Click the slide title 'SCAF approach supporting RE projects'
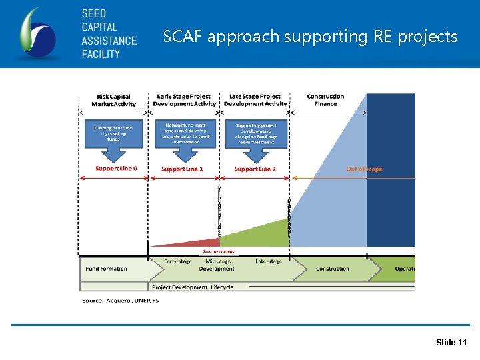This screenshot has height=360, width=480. [x=311, y=36]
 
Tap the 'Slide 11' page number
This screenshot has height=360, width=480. [x=451, y=343]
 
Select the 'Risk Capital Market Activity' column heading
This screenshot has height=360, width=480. [x=113, y=100]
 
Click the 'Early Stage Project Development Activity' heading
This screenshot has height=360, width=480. [x=185, y=100]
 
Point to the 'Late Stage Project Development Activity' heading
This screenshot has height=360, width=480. [x=255, y=100]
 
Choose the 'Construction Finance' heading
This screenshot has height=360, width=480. [x=325, y=100]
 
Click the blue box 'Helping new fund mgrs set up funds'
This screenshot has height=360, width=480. [x=113, y=133]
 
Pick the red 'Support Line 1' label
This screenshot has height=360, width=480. [x=182, y=169]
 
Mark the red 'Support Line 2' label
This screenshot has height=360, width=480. [x=255, y=169]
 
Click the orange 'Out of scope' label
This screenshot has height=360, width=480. [x=364, y=169]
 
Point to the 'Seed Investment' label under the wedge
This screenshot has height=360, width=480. [x=218, y=251]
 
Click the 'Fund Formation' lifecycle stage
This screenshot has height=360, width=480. [x=106, y=269]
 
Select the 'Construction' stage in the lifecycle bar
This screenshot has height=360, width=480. [x=332, y=269]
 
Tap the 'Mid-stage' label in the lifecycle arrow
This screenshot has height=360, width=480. [x=219, y=261]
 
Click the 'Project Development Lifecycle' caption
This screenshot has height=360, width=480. [x=193, y=287]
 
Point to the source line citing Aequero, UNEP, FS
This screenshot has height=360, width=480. [x=121, y=301]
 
